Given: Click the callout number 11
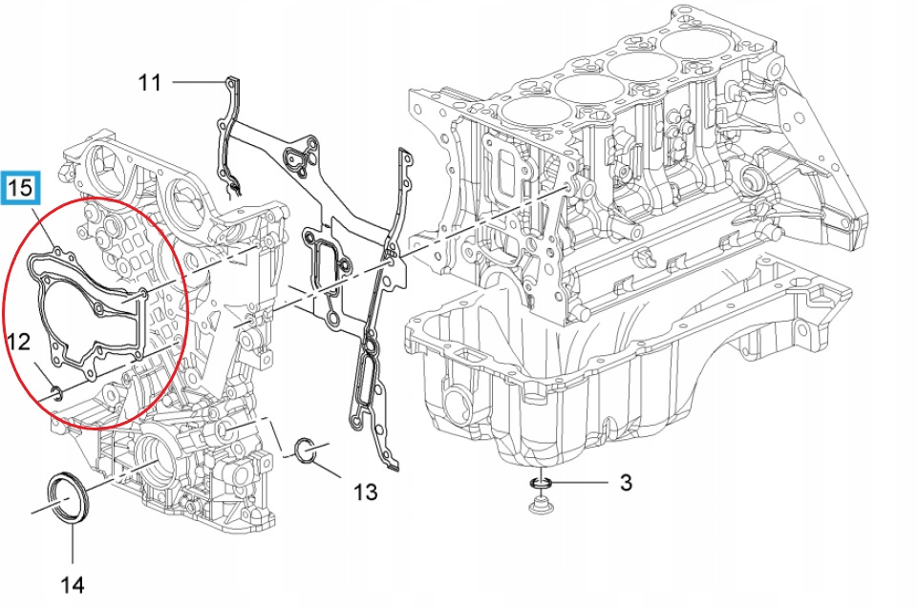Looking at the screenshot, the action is click(149, 82).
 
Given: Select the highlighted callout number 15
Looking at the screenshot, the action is click(21, 188).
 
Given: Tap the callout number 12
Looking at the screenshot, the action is click(19, 342).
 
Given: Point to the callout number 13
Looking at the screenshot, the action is click(365, 492).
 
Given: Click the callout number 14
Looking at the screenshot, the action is click(73, 584).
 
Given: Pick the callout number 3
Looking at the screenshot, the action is click(626, 482).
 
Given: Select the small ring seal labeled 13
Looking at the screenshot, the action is click(306, 450).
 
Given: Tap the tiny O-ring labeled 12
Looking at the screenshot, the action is click(56, 393).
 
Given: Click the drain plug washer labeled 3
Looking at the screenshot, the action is click(541, 484).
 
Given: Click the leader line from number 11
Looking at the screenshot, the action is click(200, 82).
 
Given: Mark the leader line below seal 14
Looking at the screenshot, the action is click(73, 544).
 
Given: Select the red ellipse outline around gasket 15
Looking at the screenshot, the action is click(95, 313).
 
